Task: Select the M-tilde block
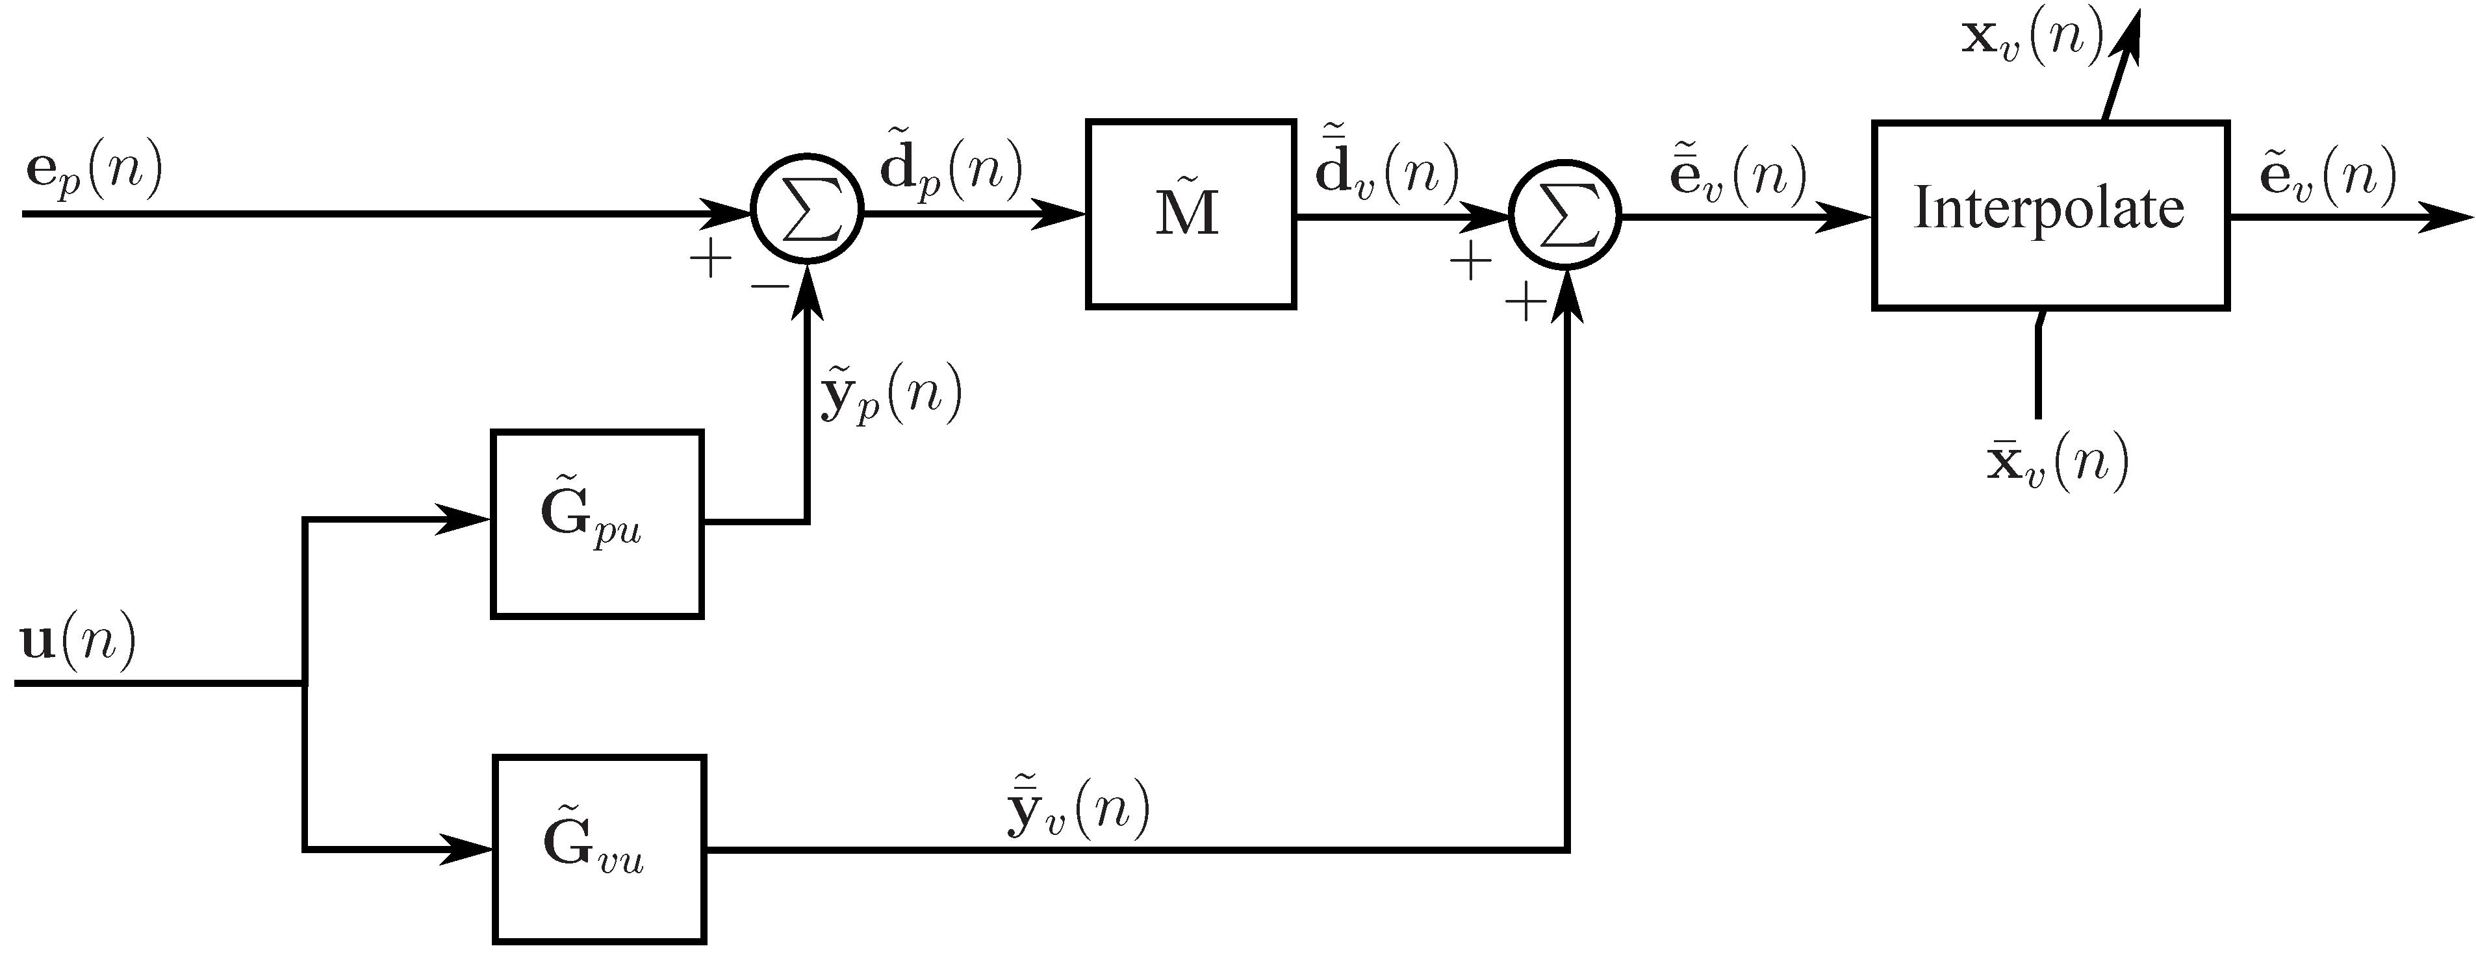pyautogui.click(x=1190, y=214)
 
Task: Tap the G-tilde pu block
pyautogui.click(x=597, y=524)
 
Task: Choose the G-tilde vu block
pyautogui.click(x=599, y=849)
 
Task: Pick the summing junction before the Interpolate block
pyautogui.click(x=1566, y=216)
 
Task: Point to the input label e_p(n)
pyautogui.click(x=94, y=173)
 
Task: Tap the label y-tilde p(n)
pyautogui.click(x=889, y=394)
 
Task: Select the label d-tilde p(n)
pyautogui.click(x=951, y=168)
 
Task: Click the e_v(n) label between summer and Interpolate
pyautogui.click(x=1738, y=173)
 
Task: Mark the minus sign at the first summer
pyautogui.click(x=769, y=286)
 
